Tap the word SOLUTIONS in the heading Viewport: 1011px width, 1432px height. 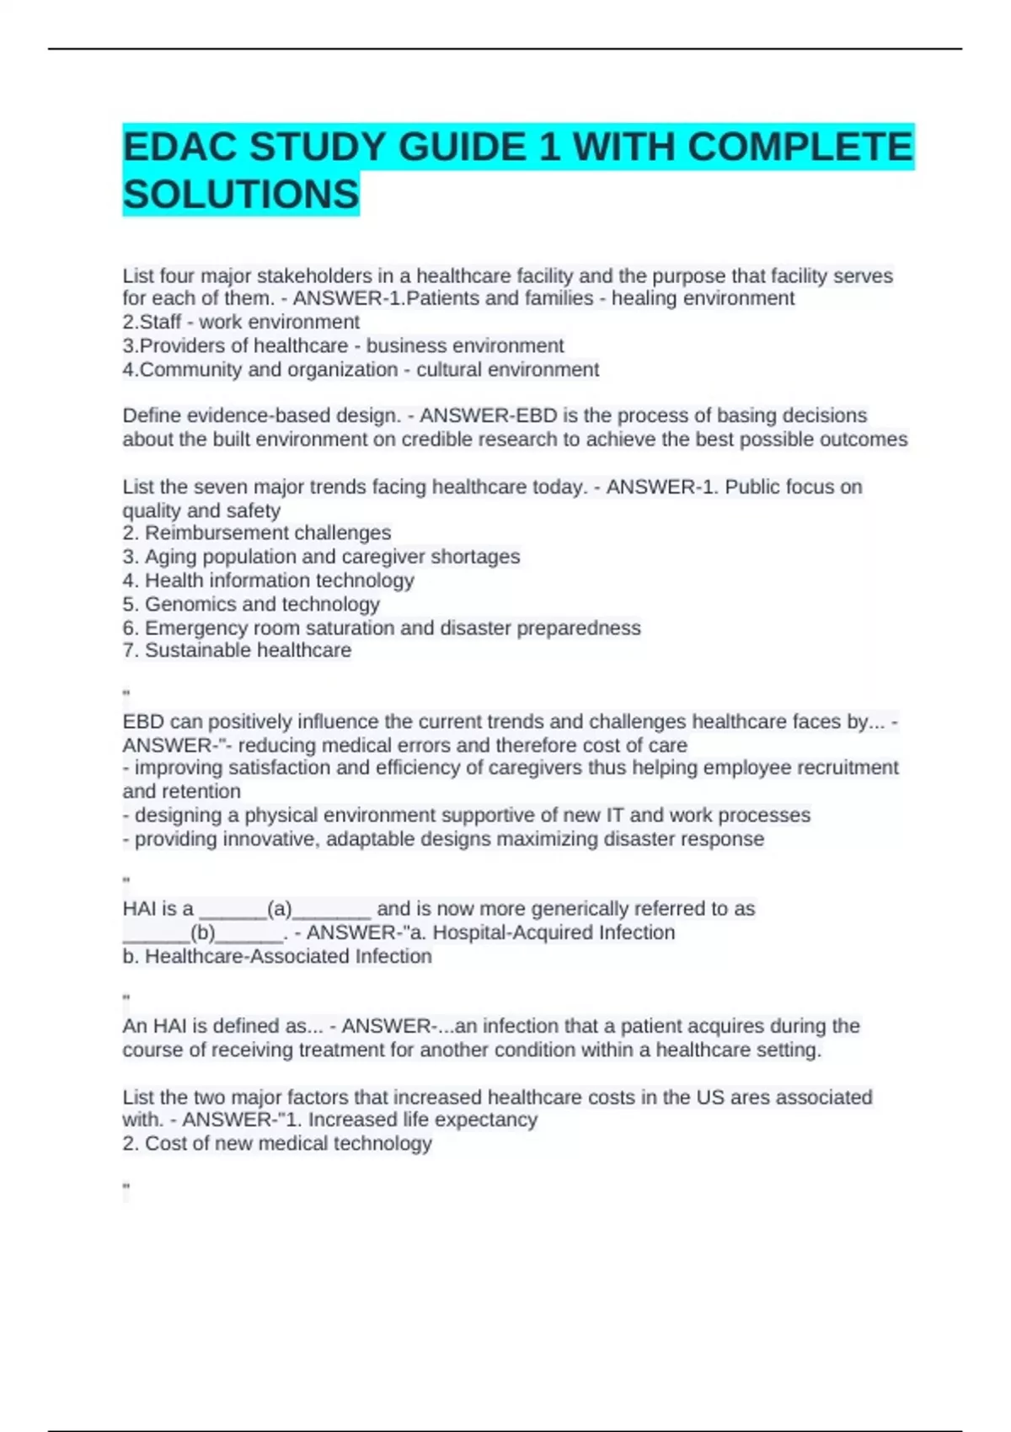pyautogui.click(x=241, y=195)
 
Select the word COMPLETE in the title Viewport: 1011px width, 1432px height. pyautogui.click(x=800, y=147)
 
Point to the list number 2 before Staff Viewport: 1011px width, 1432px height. pyautogui.click(x=129, y=323)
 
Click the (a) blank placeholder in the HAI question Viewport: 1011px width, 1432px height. pyautogui.click(x=280, y=909)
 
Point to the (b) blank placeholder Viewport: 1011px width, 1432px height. pyautogui.click(x=203, y=932)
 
